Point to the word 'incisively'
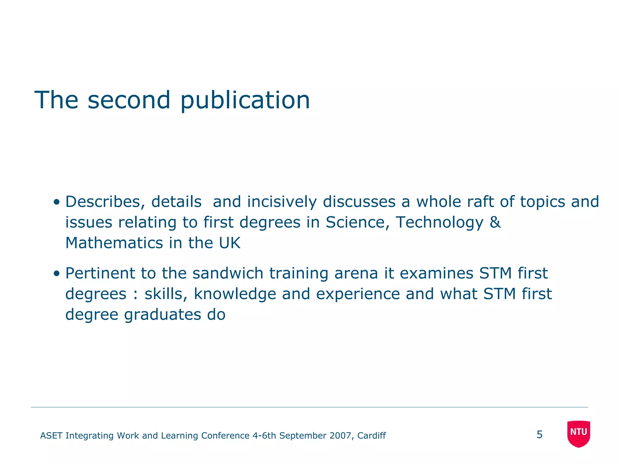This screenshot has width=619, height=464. point(282,202)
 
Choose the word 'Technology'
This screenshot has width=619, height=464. point(439,223)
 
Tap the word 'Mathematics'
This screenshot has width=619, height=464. point(114,243)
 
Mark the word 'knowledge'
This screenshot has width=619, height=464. point(235,294)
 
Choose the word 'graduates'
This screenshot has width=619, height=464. point(163,315)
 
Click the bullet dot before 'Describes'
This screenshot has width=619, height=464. point(56,202)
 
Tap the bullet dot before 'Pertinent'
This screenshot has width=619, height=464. point(56,274)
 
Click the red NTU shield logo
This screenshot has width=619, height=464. point(578,433)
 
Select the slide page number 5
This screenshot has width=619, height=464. point(540,435)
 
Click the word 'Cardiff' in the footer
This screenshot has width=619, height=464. point(371,436)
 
